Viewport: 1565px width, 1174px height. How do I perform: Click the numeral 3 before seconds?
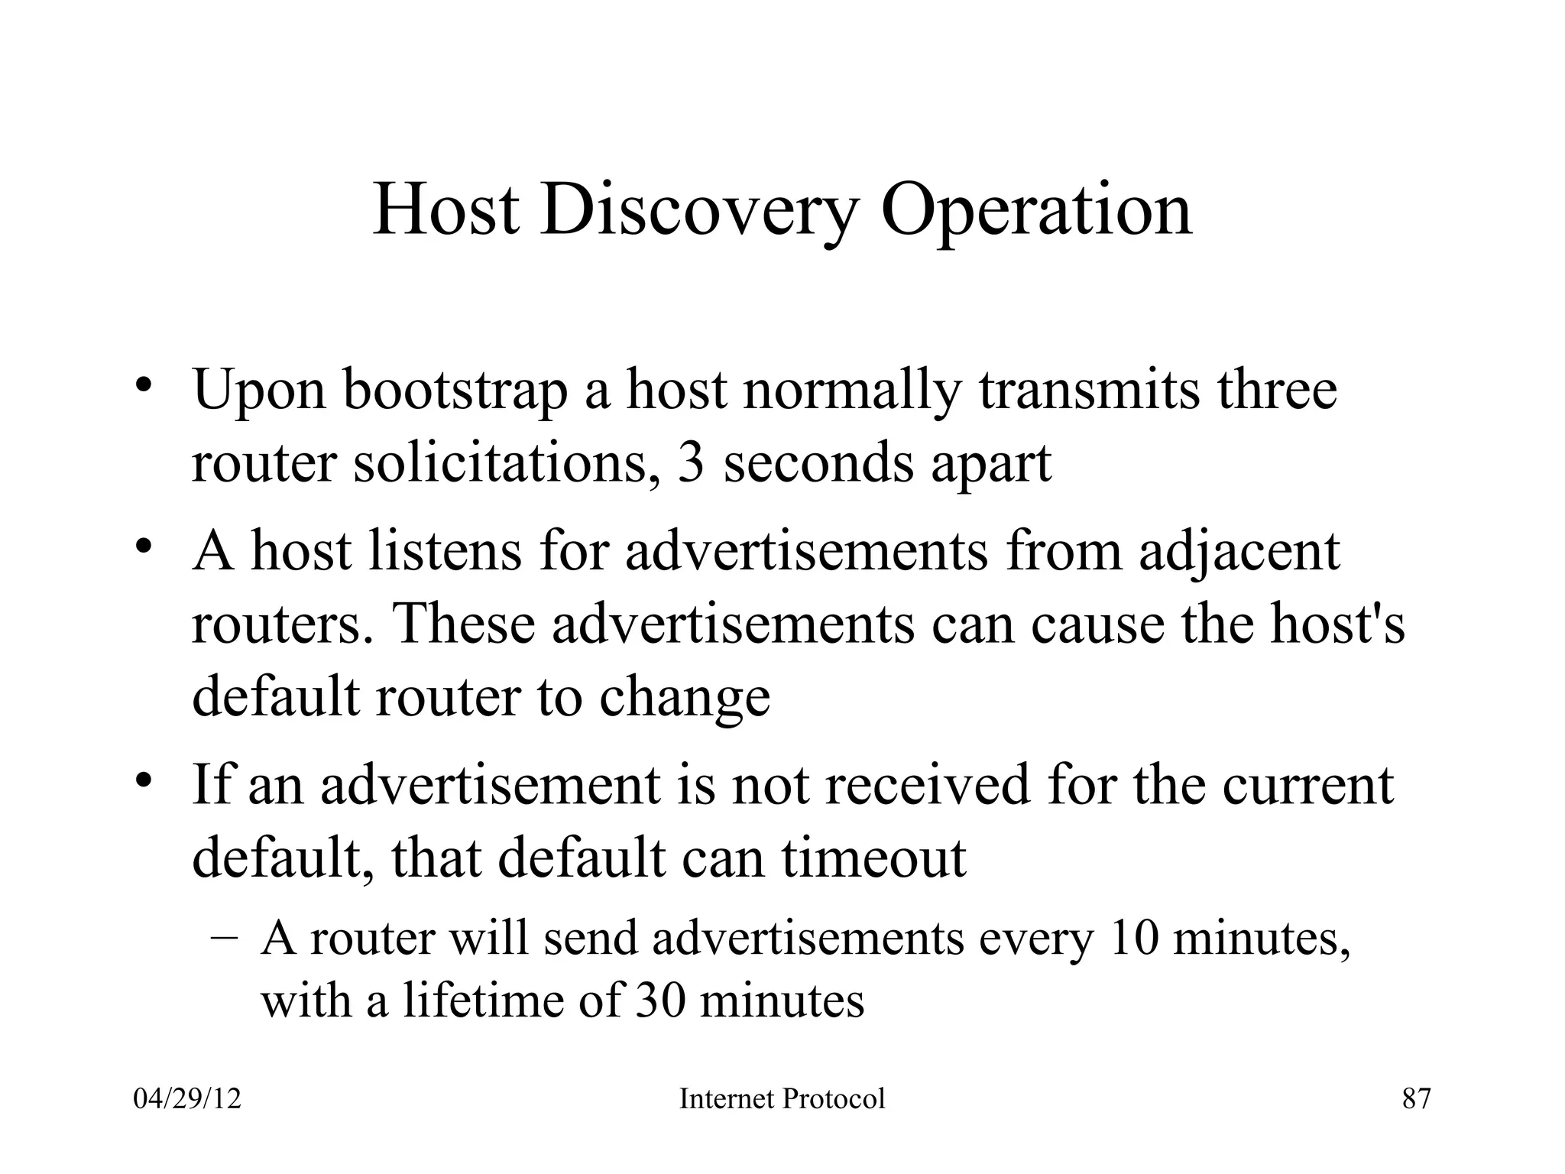click(690, 463)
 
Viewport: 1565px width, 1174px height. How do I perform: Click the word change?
click(684, 699)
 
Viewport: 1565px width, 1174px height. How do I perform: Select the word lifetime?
click(485, 1000)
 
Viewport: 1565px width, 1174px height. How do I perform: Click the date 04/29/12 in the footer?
click(187, 1099)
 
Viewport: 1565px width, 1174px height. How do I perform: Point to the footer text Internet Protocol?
click(782, 1099)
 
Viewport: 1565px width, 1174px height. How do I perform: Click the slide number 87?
click(1416, 1099)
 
